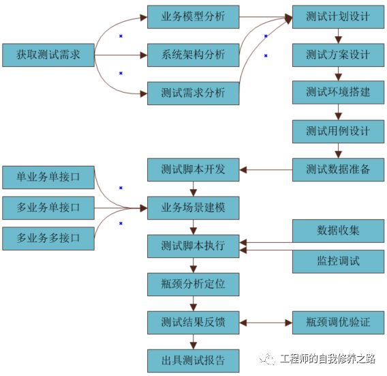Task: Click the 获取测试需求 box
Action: [x=48, y=55]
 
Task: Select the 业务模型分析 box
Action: [x=193, y=16]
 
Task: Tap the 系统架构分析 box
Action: [x=193, y=55]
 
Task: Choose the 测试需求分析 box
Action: [x=193, y=93]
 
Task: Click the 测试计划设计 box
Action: [x=338, y=16]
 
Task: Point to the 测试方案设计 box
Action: [x=338, y=55]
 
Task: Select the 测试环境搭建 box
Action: [x=338, y=93]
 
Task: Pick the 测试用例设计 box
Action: [x=338, y=131]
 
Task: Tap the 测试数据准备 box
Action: [x=338, y=169]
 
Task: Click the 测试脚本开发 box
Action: [x=193, y=169]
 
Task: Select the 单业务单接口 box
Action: [x=48, y=177]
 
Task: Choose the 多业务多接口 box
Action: [x=48, y=238]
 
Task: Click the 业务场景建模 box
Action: [x=193, y=207]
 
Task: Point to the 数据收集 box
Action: [x=338, y=231]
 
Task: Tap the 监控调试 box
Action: [x=338, y=261]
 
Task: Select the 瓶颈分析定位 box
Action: [x=193, y=284]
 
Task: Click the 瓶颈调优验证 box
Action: [x=338, y=322]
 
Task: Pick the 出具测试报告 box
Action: [x=193, y=360]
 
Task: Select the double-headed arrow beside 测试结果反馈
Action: [x=266, y=322]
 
